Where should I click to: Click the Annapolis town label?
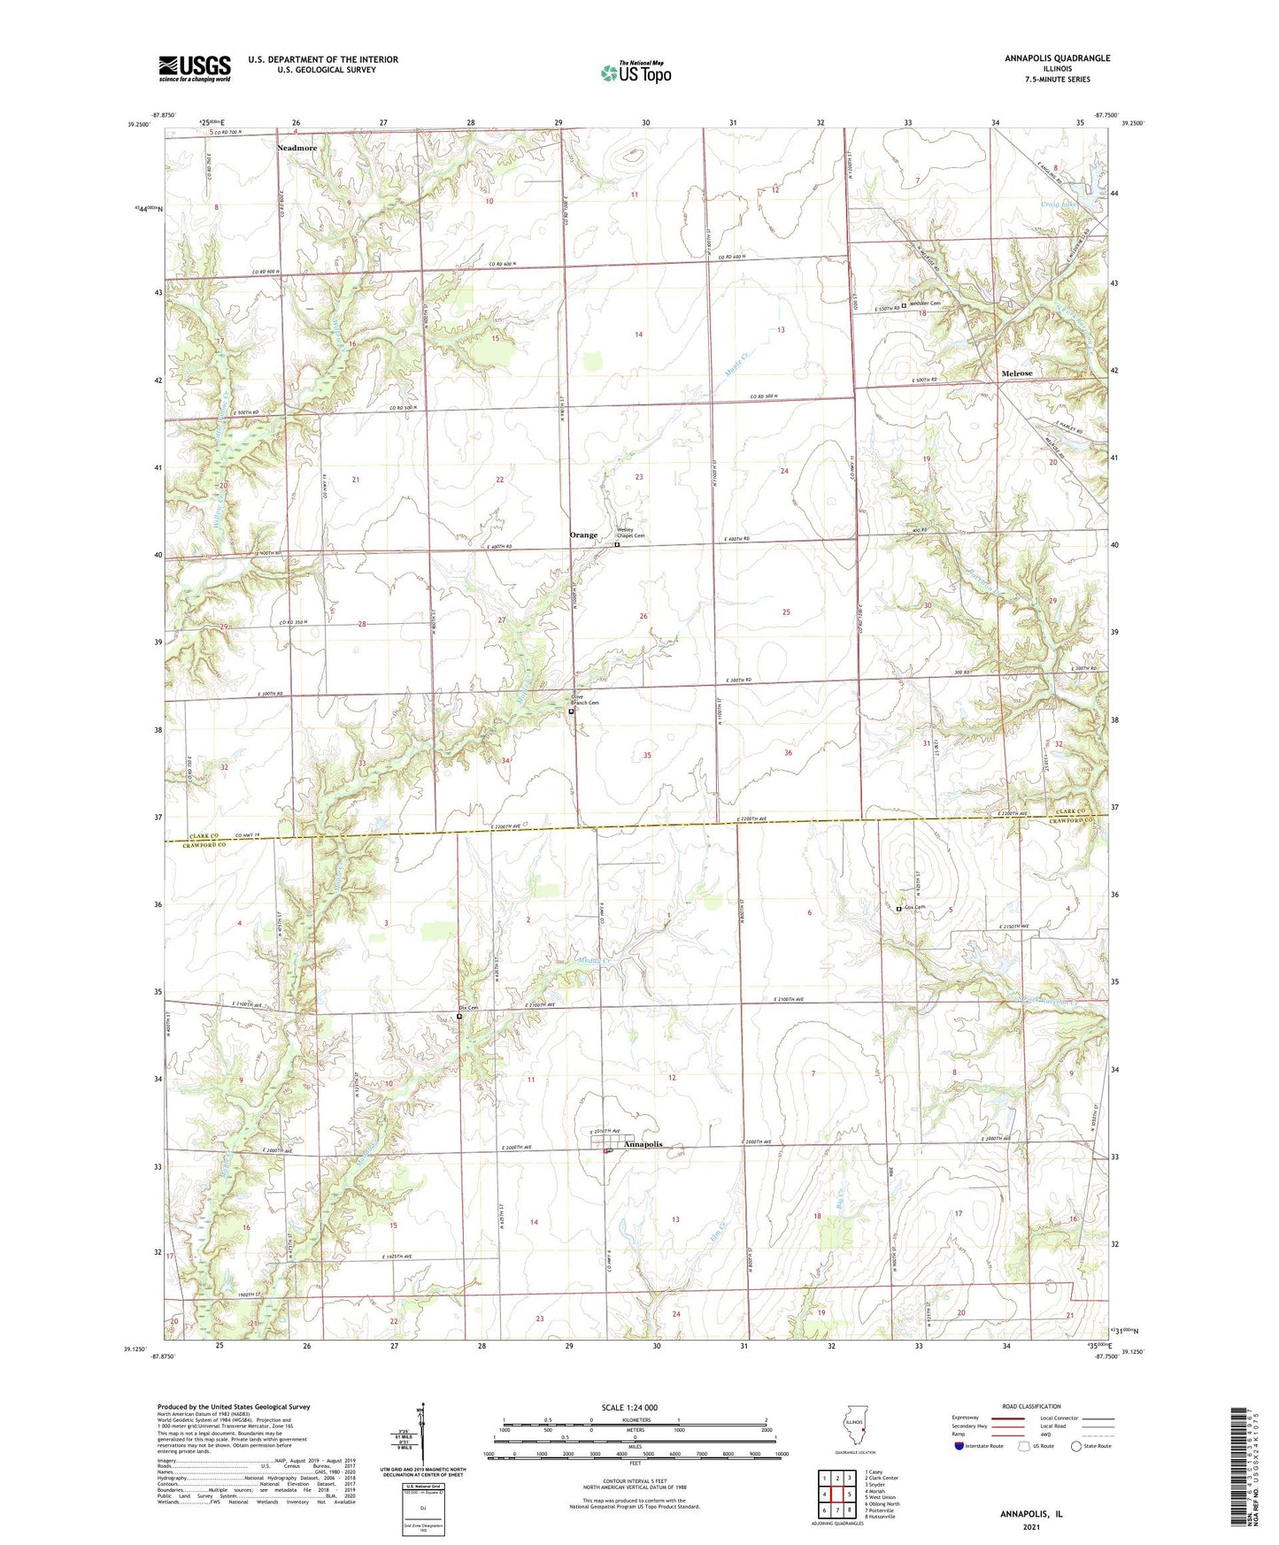(643, 1144)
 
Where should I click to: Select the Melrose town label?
(1016, 373)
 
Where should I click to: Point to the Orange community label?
(583, 535)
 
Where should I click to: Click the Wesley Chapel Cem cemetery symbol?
(617, 545)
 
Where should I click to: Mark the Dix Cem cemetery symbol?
(459, 1017)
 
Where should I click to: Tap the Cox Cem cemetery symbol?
(898, 909)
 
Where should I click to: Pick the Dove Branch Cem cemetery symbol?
(571, 711)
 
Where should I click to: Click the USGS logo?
(195, 68)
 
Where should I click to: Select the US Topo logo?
(636, 73)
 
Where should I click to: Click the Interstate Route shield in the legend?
(959, 1446)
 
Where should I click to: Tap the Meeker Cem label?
(926, 304)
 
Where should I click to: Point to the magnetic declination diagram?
(422, 1436)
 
